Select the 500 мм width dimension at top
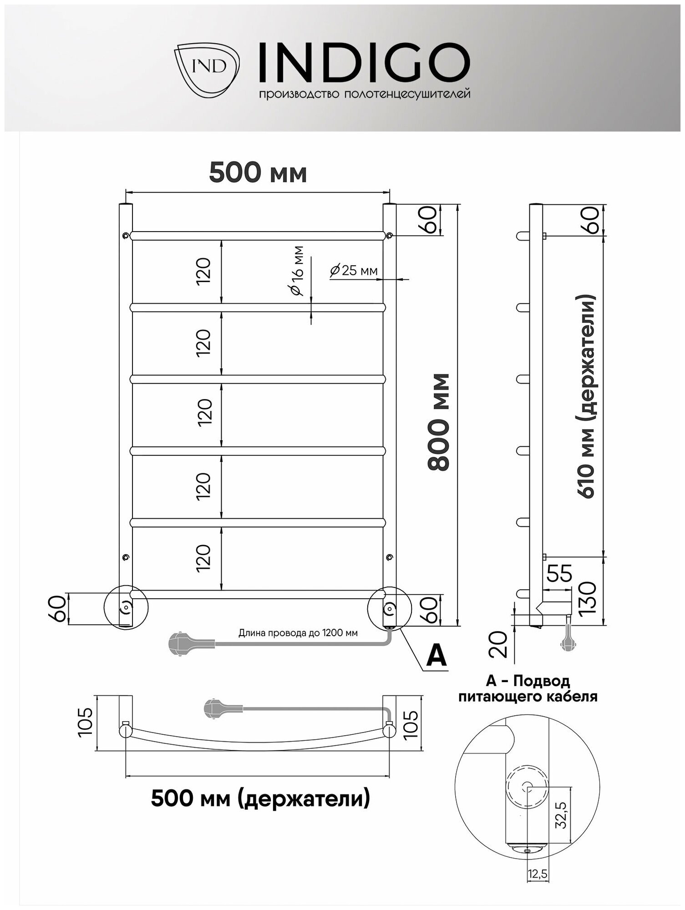(258, 173)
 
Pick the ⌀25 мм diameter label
(354, 271)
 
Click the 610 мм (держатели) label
(588, 396)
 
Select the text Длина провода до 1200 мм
(298, 633)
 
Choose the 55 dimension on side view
(559, 574)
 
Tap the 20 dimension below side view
(499, 644)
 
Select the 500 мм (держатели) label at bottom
(260, 799)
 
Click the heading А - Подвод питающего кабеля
(528, 688)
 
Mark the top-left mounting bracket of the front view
(125, 236)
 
